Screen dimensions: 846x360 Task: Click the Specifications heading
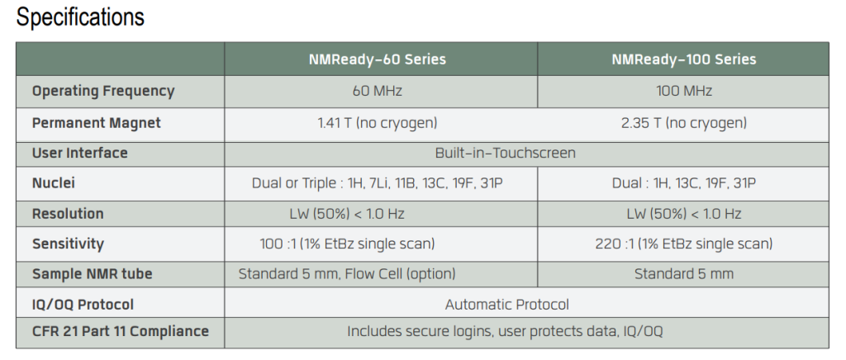click(80, 17)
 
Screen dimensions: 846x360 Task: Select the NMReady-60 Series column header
click(377, 59)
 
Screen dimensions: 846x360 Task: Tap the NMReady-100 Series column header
click(683, 59)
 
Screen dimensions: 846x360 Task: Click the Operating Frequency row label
click(103, 91)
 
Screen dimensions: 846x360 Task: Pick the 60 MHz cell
click(377, 91)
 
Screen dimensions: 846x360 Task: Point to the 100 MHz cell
click(683, 91)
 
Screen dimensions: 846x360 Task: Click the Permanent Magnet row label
click(96, 123)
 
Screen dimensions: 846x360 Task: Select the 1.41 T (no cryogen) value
click(377, 123)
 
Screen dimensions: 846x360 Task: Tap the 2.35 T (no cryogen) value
click(683, 123)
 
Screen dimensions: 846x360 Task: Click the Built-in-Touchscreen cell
click(506, 153)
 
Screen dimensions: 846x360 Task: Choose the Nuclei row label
click(54, 183)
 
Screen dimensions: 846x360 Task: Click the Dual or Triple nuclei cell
click(377, 184)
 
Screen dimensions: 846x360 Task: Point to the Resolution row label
click(68, 214)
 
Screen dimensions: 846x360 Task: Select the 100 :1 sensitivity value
click(347, 244)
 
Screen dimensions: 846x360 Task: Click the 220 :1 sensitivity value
click(683, 244)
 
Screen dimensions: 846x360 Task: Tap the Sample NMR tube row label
click(92, 274)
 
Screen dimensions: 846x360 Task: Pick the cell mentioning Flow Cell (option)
click(347, 274)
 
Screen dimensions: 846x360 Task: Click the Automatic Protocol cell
click(506, 305)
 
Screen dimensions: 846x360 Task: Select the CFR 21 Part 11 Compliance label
click(120, 331)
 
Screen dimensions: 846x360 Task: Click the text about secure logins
click(505, 331)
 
